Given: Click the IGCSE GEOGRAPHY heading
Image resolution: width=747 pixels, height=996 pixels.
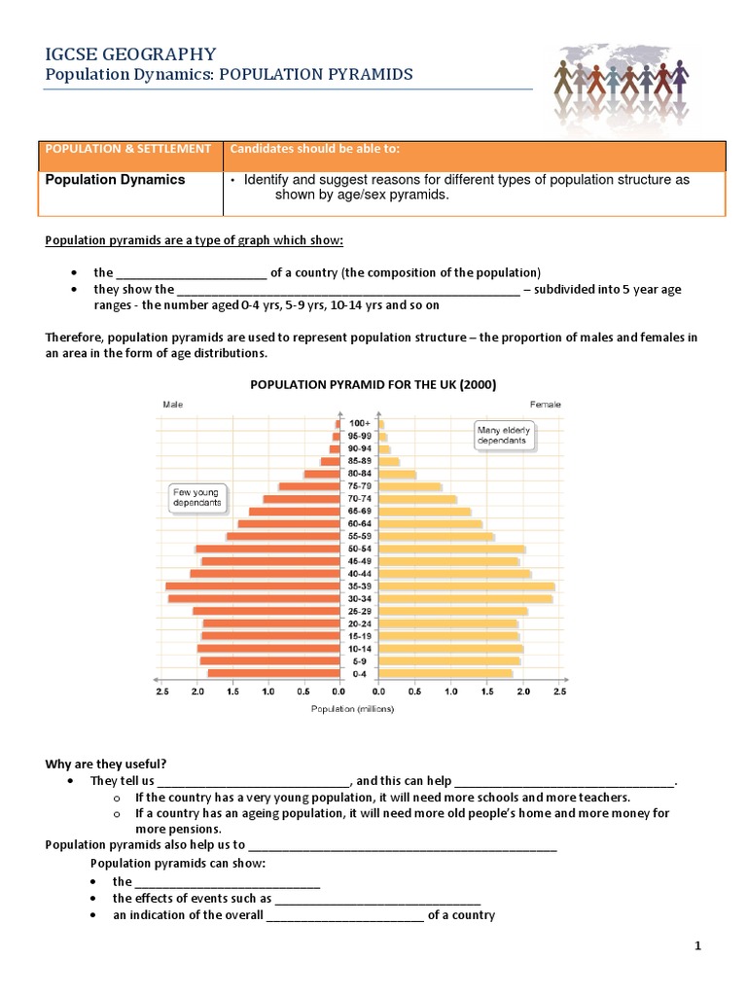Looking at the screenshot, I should (x=132, y=54).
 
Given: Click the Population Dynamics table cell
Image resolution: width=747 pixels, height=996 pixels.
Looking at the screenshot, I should (x=116, y=180).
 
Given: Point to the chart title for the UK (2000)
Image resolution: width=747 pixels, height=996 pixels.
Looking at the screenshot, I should (x=373, y=384).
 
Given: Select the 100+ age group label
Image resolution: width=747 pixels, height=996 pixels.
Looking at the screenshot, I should (x=359, y=424).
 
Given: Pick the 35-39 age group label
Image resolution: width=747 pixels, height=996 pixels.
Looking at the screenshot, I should (x=359, y=587).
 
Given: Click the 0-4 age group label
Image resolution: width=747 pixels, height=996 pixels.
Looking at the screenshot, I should (x=359, y=673).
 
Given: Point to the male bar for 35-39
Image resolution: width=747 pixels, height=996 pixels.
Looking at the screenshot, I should (x=252, y=587).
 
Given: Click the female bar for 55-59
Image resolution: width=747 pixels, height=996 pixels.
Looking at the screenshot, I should (x=436, y=537).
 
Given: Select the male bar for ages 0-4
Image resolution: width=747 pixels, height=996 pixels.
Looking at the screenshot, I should (x=272, y=673).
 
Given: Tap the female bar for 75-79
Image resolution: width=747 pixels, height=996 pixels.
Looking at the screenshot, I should (x=409, y=486).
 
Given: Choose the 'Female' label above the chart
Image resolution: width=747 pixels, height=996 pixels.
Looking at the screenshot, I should (x=545, y=403).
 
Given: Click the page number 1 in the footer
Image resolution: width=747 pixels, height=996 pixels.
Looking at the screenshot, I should (x=697, y=945).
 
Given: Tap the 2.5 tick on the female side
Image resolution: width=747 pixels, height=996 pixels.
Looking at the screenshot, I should (x=558, y=692).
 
